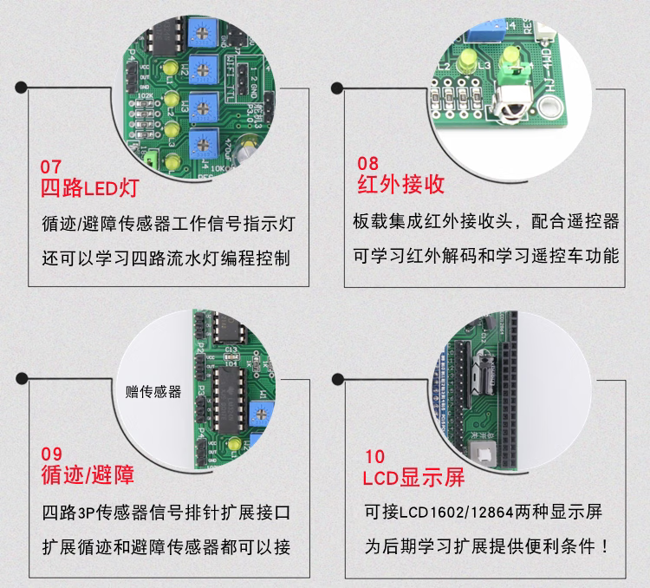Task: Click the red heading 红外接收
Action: (401, 184)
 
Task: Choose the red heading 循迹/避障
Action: (88, 475)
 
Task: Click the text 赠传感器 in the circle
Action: (153, 392)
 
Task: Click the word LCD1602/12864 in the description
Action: (450, 513)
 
